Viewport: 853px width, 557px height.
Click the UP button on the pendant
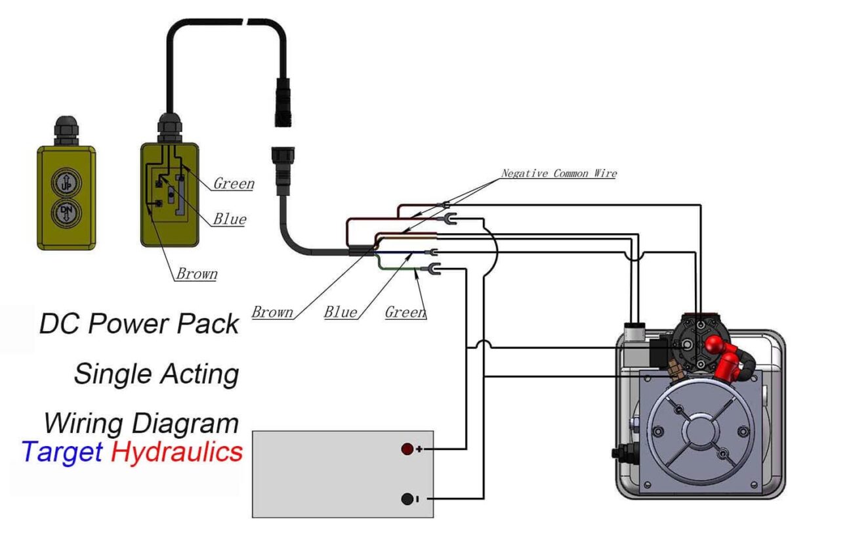(67, 182)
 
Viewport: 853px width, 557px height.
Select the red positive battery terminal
(407, 449)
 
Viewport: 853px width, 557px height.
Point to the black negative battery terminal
(407, 499)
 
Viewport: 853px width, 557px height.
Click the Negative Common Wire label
(558, 174)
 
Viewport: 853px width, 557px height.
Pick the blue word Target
(62, 452)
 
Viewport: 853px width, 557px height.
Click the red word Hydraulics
(177, 452)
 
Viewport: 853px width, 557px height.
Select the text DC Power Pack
(139, 324)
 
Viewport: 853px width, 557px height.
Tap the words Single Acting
(156, 374)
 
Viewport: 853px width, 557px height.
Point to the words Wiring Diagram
(141, 422)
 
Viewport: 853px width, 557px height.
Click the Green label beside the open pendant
(234, 184)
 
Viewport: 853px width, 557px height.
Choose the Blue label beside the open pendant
(229, 219)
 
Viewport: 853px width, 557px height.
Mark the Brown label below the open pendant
(196, 274)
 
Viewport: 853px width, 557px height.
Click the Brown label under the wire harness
(272, 312)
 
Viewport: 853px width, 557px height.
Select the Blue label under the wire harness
(341, 312)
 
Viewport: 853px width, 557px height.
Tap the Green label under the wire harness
(405, 313)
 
